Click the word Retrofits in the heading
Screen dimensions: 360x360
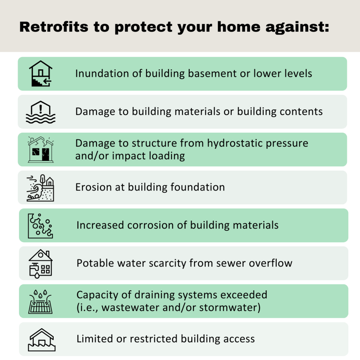[x=54, y=27]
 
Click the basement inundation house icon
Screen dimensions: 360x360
[x=41, y=73]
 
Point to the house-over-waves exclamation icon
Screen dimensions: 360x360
[x=41, y=112]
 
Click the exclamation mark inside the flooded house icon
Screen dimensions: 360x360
[x=41, y=109]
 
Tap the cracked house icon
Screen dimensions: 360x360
[x=41, y=149]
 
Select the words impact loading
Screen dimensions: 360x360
[x=148, y=156]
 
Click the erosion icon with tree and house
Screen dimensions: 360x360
[x=41, y=188]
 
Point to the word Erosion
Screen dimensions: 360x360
[x=94, y=187]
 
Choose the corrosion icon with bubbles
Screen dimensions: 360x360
[x=40, y=226]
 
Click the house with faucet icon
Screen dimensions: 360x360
[x=41, y=264]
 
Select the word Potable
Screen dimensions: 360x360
[x=95, y=263]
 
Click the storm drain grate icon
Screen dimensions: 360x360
[x=40, y=301]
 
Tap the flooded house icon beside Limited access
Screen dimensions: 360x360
[x=41, y=340]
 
